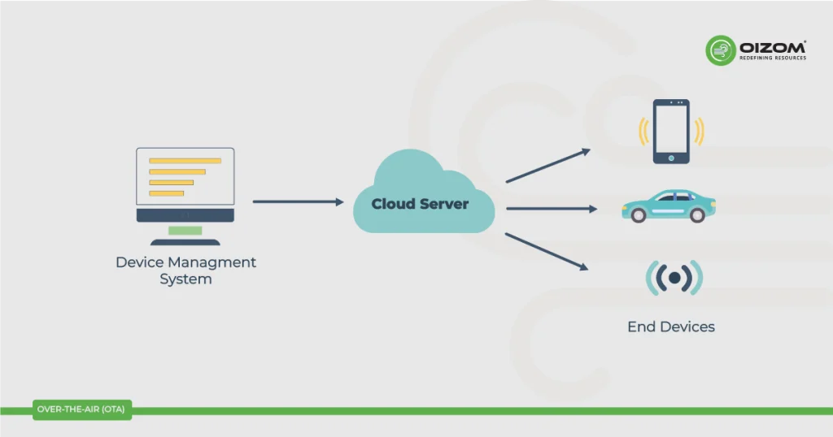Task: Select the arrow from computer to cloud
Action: click(x=298, y=201)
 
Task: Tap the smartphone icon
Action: click(x=671, y=132)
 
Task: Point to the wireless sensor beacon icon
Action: click(x=674, y=278)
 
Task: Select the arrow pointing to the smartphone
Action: click(x=547, y=167)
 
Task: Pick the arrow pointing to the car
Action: click(x=551, y=209)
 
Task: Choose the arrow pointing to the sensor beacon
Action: click(x=547, y=251)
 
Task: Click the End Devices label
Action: click(x=671, y=327)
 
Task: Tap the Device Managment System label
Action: click(x=185, y=270)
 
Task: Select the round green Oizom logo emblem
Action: click(x=720, y=50)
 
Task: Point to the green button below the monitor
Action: click(x=185, y=231)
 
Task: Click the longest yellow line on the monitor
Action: click(x=185, y=161)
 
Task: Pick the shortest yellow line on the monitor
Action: click(x=166, y=193)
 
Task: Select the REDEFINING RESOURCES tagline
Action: click(x=773, y=58)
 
